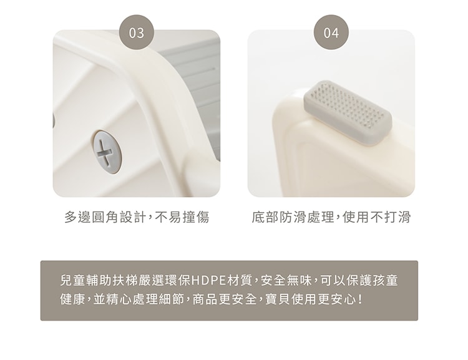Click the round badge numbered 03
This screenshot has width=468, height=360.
137,32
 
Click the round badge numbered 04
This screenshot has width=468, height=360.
331,32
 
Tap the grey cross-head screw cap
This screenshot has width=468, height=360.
107,152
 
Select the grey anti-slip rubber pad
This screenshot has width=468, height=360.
348,113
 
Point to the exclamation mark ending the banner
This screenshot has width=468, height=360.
361,299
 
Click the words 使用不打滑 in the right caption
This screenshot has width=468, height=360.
377,217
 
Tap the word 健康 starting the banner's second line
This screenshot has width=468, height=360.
72,299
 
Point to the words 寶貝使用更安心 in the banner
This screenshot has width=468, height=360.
309,299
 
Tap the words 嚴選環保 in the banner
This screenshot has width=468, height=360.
158,281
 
